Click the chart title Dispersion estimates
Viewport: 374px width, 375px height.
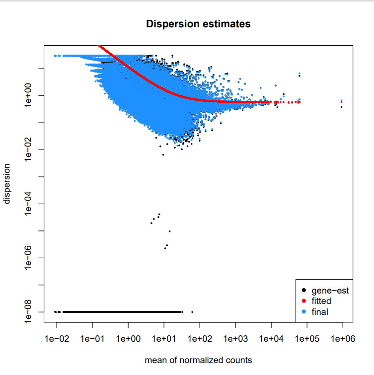(198, 23)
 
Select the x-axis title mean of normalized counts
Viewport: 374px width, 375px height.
(198, 360)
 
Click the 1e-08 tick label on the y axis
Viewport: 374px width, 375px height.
(28, 312)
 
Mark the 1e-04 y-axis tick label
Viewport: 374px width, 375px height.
(28, 204)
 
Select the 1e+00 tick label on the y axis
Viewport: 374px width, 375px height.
(28, 95)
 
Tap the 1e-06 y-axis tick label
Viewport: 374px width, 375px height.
(28, 258)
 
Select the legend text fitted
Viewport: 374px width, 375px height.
(321, 301)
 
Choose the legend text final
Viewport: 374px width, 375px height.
(320, 312)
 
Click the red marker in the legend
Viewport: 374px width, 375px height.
(303, 301)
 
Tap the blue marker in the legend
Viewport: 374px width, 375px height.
(303, 312)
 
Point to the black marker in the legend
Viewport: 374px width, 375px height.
(303, 291)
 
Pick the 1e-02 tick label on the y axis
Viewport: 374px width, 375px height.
(28, 150)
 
